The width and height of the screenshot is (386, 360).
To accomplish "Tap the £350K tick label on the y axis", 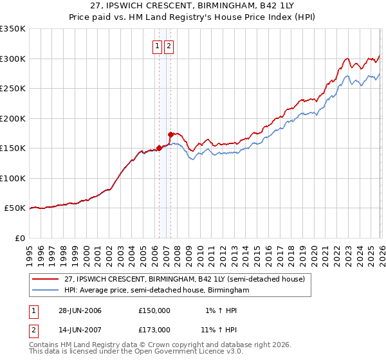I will (13, 29).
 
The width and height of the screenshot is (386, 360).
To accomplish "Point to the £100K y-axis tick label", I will (13, 178).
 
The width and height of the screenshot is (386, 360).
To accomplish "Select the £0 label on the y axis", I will (19, 238).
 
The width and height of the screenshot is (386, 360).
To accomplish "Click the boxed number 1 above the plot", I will (157, 46).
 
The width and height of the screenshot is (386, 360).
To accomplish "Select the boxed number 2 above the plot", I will (169, 46).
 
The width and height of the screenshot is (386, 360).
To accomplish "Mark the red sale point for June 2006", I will (159, 148).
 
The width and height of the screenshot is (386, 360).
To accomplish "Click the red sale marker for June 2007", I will (170, 134).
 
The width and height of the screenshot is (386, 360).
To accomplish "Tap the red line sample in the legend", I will (46, 279).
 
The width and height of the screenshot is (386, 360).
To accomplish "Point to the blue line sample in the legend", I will (46, 291).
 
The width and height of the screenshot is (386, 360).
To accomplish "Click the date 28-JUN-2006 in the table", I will (80, 310).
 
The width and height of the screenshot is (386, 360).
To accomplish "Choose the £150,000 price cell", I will (154, 310).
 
